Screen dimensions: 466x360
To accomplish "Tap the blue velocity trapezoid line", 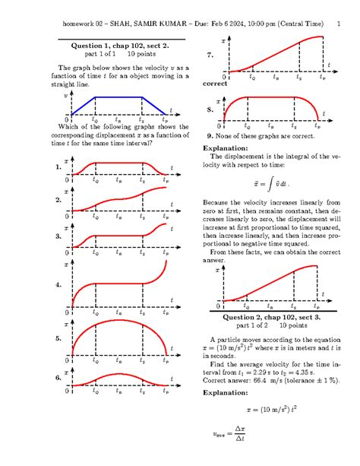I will (x=118, y=97).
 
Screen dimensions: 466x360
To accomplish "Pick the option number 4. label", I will (x=58, y=285).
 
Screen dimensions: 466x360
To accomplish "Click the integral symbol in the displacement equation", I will (x=270, y=183).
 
